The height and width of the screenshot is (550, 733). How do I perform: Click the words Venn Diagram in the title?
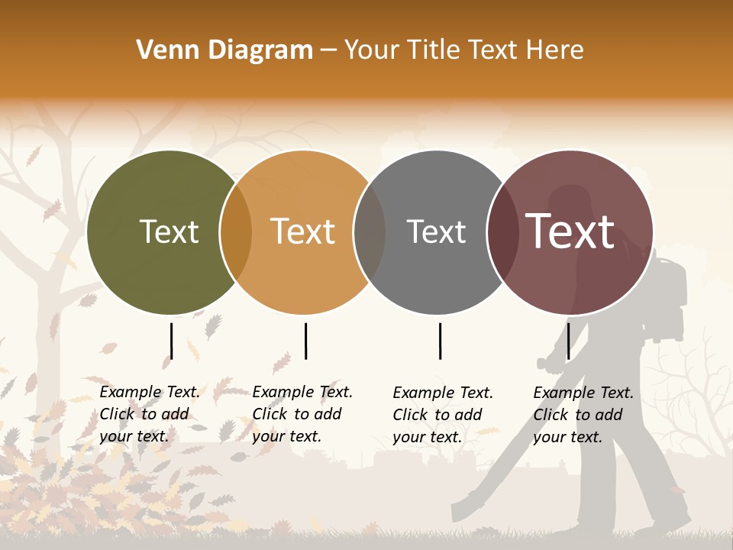coord(224,50)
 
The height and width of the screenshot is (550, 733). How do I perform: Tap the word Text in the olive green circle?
coord(169,231)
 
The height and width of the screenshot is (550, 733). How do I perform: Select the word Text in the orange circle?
coord(302,231)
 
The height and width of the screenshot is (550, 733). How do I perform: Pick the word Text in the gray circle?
coord(436,231)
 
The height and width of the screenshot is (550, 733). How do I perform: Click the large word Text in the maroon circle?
coord(570,231)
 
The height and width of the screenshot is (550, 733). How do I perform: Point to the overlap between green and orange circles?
coord(236,232)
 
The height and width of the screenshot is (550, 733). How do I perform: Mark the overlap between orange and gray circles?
coord(370,232)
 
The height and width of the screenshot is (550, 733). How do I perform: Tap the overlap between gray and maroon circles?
coord(502,232)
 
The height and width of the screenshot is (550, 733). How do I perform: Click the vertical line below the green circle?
coord(172,341)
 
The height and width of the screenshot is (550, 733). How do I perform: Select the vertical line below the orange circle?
coord(305,341)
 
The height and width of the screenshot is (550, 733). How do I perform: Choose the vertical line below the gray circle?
coord(440,341)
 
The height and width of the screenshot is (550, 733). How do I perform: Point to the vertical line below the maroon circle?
coord(568,341)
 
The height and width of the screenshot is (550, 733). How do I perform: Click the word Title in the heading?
coord(438,50)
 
